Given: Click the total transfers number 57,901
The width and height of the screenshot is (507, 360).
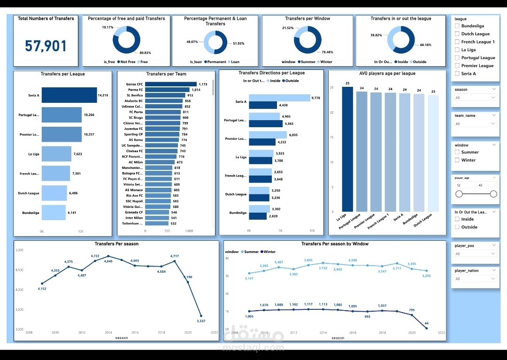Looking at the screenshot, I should click(x=46, y=46).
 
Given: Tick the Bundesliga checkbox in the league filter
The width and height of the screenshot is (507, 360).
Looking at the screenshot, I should click(x=457, y=26).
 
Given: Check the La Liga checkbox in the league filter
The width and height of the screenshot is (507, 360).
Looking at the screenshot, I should click(x=457, y=50).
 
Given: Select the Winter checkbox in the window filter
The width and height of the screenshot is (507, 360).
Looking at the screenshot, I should click(x=457, y=160).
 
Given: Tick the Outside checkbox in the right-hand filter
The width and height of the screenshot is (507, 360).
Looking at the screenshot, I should click(x=457, y=227).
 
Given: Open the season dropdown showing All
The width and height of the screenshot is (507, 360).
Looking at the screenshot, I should click(x=475, y=98).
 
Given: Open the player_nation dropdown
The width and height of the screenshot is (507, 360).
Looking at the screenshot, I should click(x=475, y=279).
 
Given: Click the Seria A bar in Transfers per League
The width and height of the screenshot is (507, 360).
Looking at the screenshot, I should click(x=69, y=95).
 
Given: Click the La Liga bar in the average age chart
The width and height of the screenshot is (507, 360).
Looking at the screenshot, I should click(x=347, y=149).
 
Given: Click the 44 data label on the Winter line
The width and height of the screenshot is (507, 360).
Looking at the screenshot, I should click(x=427, y=323).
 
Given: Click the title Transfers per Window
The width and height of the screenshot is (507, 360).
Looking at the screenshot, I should click(x=307, y=19).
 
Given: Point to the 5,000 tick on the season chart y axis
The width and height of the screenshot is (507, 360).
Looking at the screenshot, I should click(x=19, y=250).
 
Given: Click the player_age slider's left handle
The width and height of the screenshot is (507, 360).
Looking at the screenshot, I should click(x=459, y=194).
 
